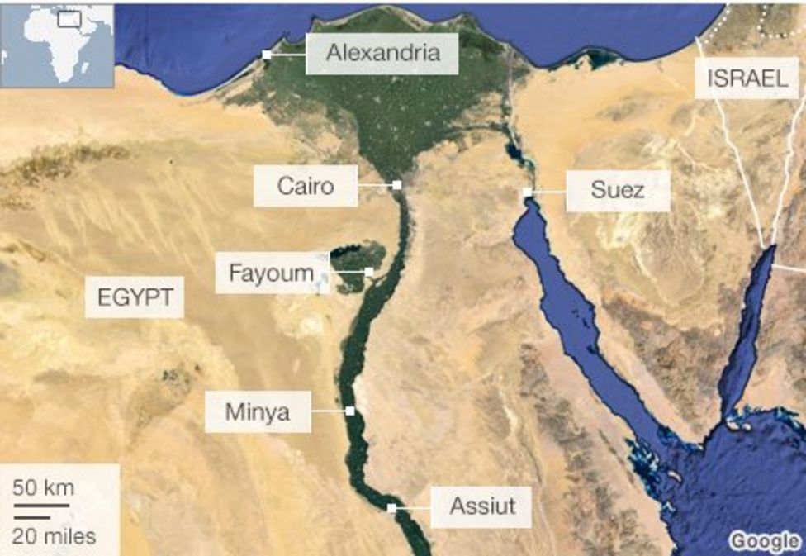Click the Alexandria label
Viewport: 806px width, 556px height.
coord(381,54)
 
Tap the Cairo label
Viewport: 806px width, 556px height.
coord(306,186)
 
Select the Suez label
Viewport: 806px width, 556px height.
coord(617,191)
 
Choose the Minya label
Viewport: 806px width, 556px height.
coord(258,411)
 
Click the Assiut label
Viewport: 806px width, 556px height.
coord(481,505)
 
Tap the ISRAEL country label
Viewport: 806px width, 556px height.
coord(747,78)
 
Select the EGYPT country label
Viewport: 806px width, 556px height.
coord(135,297)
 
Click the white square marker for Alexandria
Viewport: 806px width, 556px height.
coord(267,55)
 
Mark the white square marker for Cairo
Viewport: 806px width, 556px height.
coord(397,185)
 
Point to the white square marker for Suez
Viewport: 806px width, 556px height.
coord(527,192)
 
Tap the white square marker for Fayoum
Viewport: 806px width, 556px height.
coord(369,271)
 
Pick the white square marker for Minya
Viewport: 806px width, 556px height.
coord(350,410)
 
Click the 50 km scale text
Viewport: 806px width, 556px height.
coord(43,487)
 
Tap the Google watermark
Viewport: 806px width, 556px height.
coord(766,541)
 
